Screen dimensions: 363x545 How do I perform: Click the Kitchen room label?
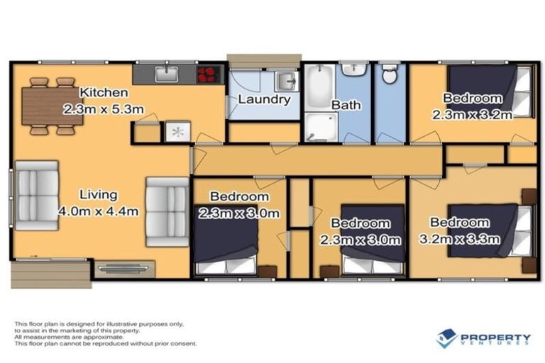click(104, 93)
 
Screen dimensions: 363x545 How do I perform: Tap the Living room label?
click(98, 194)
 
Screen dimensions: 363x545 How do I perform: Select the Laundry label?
click(263, 99)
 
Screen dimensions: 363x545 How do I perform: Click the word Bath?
click(346, 105)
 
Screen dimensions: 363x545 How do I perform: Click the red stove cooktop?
click(210, 74)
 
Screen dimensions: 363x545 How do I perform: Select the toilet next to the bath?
click(389, 74)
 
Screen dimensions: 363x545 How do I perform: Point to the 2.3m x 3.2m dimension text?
click(473, 116)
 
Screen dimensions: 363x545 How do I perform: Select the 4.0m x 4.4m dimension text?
click(99, 211)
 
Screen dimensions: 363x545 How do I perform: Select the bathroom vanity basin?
click(353, 71)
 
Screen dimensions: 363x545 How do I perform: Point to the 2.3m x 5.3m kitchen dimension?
click(104, 110)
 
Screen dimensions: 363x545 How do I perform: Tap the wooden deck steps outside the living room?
click(49, 272)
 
